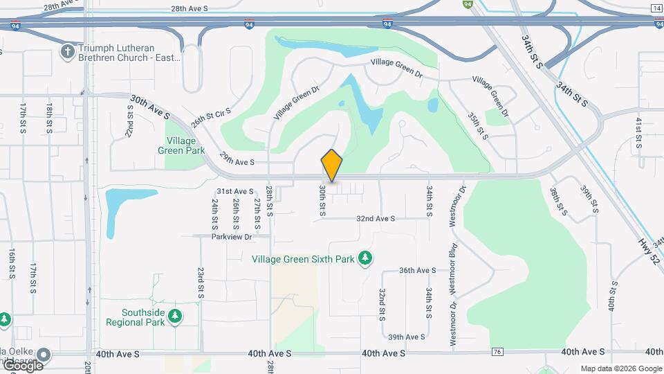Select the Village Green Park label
tap(181, 145)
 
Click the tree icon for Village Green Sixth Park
tap(365, 259)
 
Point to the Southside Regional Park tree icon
tap(175, 317)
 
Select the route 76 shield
tap(497, 352)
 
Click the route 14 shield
tap(656, 8)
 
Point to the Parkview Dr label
tap(232, 236)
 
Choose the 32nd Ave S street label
tap(376, 218)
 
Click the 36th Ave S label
tap(417, 270)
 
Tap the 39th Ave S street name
tap(406, 337)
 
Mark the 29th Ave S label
tap(237, 162)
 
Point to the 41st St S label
tap(640, 132)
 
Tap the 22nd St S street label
tap(130, 121)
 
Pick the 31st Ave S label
tap(235, 191)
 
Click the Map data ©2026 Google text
tap(621, 368)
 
